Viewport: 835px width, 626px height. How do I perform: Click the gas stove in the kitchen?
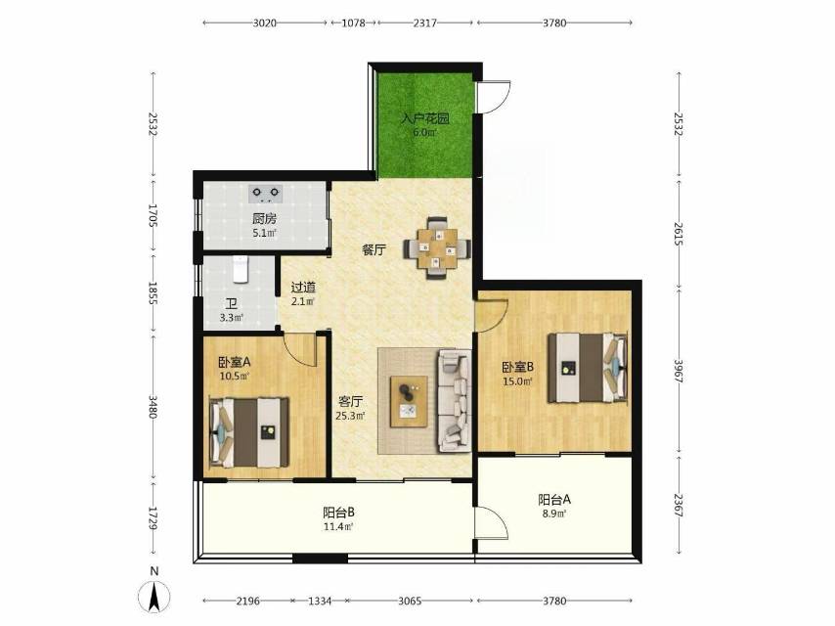[266, 194]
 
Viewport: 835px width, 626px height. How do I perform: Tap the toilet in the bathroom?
[241, 269]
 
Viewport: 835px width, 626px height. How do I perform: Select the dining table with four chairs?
[437, 247]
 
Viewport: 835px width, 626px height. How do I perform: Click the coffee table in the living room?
[409, 401]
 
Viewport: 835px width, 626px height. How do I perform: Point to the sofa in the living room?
[455, 401]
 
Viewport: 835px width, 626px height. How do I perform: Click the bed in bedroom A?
[249, 432]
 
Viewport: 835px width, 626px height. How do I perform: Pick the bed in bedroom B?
[588, 368]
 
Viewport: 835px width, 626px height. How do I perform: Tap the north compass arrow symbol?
[154, 596]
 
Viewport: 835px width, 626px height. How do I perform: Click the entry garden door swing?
[494, 97]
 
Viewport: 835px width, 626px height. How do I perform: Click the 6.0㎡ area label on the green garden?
[425, 132]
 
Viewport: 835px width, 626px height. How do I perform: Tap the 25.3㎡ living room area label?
[350, 416]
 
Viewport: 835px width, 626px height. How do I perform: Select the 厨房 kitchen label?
[265, 218]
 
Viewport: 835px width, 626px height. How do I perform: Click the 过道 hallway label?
[303, 288]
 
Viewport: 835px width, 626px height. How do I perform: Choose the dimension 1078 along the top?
[354, 22]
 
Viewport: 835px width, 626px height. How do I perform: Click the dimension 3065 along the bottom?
[410, 601]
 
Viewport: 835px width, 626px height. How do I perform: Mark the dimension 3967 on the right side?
[678, 371]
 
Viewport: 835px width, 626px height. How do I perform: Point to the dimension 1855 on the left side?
[153, 293]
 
